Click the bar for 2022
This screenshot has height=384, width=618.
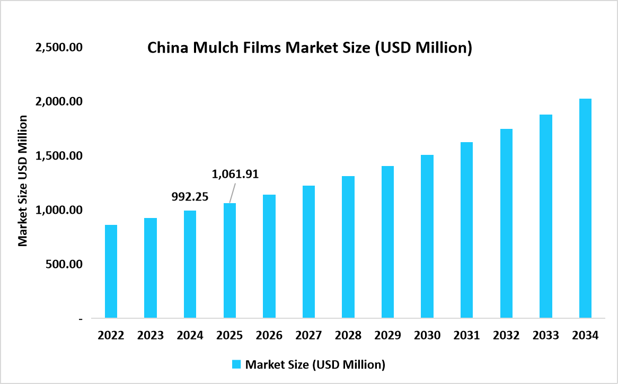111,272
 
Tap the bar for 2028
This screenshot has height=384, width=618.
348,247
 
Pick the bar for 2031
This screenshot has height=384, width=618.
466,230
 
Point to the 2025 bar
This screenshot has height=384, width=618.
229,260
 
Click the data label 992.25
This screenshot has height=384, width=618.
190,197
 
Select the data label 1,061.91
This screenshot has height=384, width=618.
235,174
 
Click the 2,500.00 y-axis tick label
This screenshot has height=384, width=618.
58,47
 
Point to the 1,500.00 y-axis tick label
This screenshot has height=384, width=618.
58,156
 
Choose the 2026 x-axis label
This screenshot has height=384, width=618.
269,336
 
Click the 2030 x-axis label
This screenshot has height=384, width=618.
427,336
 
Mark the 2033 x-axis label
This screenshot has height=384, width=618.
546,336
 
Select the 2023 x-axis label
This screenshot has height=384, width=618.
151,336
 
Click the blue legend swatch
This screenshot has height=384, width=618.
236,364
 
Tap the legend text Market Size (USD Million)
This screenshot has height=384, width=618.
315,364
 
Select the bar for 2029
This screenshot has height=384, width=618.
387,242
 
